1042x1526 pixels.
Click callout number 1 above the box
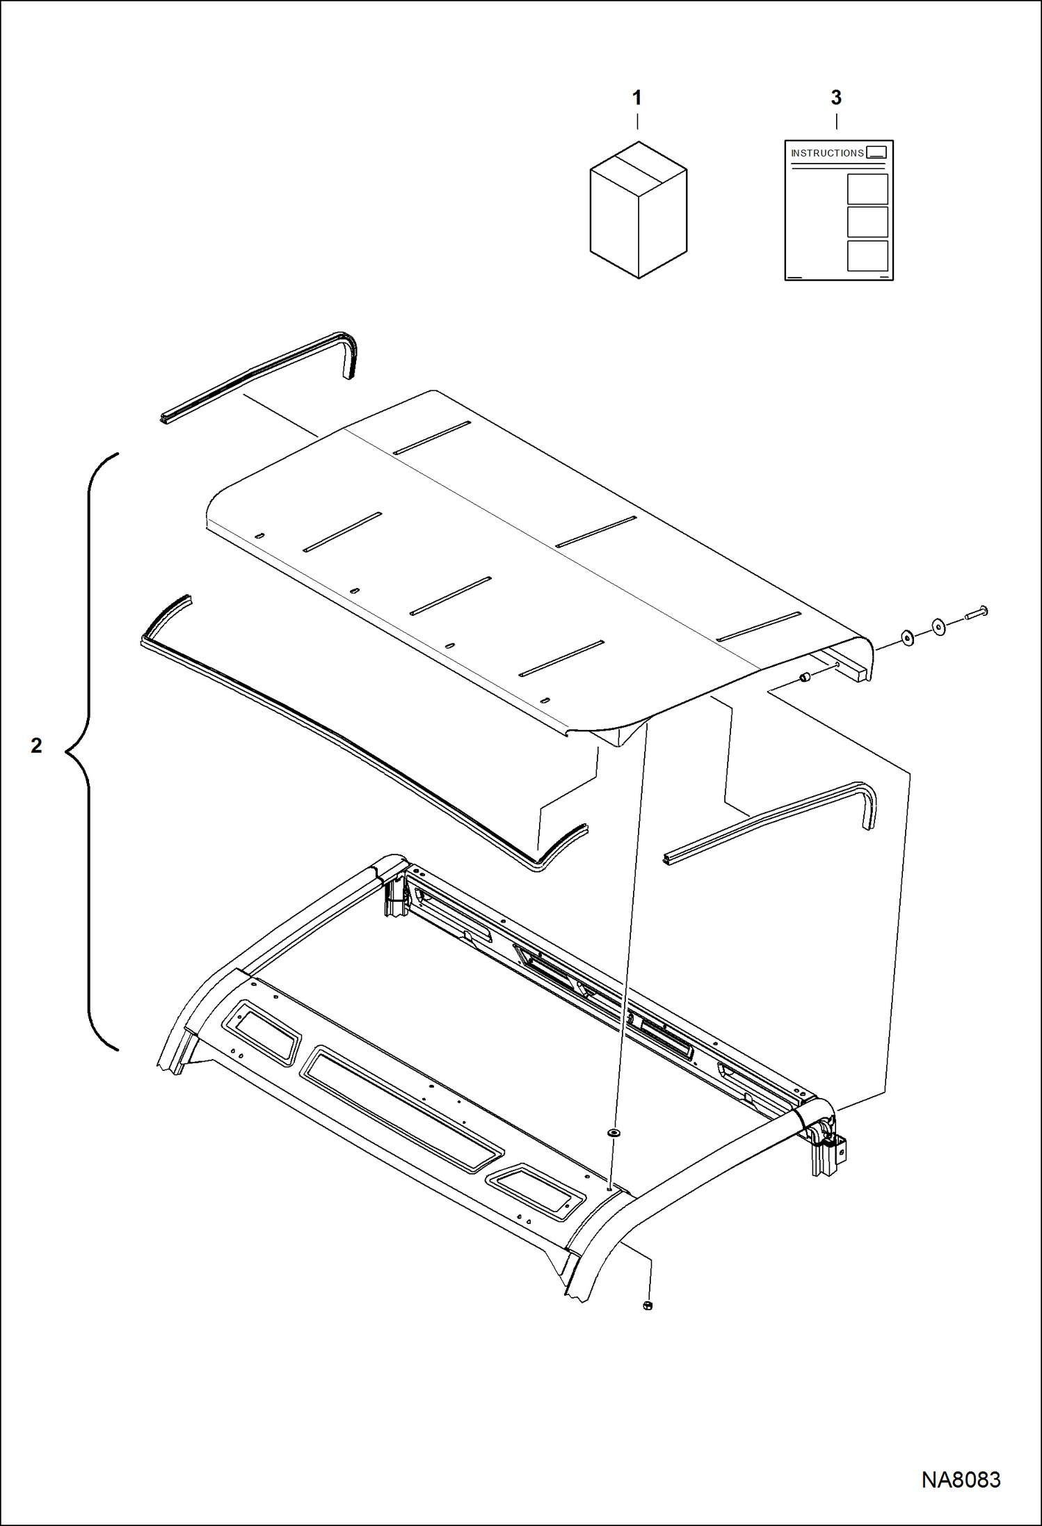click(x=636, y=98)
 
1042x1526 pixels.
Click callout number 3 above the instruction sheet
click(x=836, y=98)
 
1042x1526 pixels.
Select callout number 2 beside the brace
click(x=36, y=745)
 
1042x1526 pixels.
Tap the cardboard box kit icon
click(x=639, y=210)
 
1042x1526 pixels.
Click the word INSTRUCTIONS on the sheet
click(x=827, y=153)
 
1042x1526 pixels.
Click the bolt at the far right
click(x=977, y=614)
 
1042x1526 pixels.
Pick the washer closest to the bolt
click(x=939, y=626)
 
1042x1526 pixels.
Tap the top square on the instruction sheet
click(x=867, y=189)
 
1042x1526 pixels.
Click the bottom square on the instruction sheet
click(x=867, y=255)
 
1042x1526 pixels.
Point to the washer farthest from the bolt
click(x=908, y=637)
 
